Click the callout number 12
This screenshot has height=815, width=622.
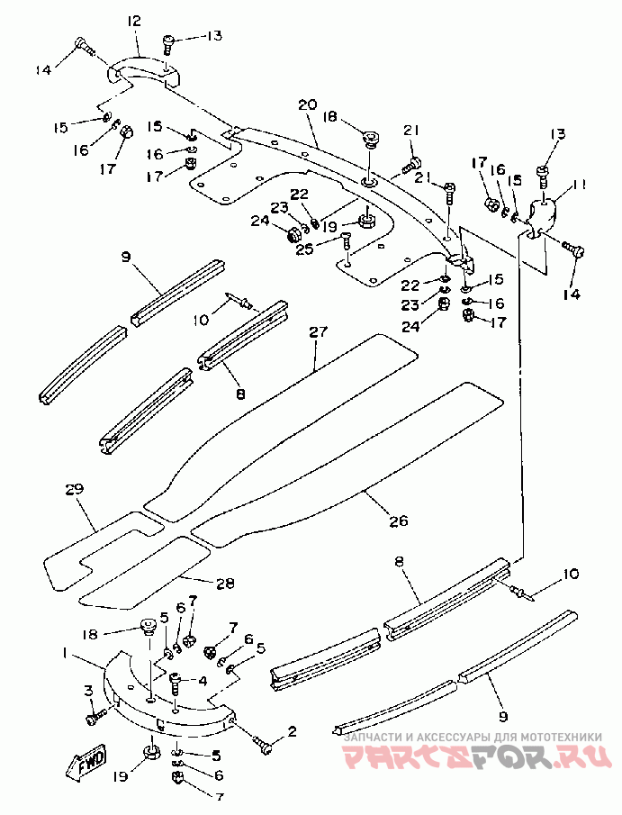(x=133, y=22)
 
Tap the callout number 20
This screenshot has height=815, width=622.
(x=308, y=104)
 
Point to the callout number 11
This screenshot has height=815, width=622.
(x=580, y=184)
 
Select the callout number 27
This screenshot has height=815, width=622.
(x=319, y=331)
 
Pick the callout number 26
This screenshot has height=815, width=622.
(x=399, y=521)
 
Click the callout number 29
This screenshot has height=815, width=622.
(x=75, y=489)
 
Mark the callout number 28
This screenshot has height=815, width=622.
(x=225, y=584)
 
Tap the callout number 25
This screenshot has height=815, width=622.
(x=305, y=249)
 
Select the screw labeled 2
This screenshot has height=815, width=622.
(x=263, y=745)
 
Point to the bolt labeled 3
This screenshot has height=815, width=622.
(x=95, y=719)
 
